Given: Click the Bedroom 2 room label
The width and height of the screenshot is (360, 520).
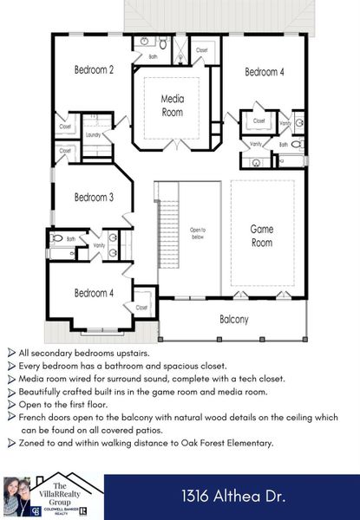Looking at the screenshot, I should tap(95, 70).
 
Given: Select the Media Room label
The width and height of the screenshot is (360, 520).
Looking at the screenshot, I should tap(173, 106).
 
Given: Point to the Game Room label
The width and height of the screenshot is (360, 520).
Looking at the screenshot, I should tap(261, 236).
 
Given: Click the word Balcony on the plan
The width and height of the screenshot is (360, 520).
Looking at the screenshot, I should tap(233, 320).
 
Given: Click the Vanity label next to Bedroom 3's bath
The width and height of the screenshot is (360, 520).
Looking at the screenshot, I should tap(99, 246).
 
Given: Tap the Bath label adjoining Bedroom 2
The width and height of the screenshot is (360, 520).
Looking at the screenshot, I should tap(153, 56).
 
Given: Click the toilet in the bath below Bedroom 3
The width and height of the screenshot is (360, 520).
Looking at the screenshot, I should tap(57, 237).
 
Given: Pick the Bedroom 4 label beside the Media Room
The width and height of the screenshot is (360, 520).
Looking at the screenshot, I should tap(264, 72).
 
